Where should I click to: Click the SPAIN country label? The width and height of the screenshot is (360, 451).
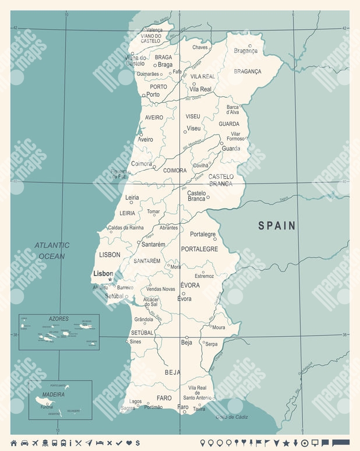click(x=277, y=225)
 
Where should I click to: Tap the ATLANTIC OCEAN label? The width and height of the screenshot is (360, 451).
click(x=51, y=251)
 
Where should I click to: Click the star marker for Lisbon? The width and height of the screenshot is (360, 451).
click(x=110, y=279)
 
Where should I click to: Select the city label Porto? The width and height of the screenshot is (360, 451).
click(x=153, y=94)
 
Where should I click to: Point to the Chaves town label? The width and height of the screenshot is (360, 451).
click(x=200, y=47)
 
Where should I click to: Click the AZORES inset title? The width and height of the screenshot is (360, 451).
click(x=58, y=319)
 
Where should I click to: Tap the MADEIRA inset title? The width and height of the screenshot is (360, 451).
click(x=52, y=394)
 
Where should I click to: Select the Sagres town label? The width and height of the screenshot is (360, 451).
click(x=128, y=408)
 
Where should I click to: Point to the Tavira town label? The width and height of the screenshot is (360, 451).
click(x=199, y=408)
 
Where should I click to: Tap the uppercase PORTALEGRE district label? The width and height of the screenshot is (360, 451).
click(x=199, y=249)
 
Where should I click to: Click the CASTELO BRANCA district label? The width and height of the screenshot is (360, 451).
click(x=221, y=180)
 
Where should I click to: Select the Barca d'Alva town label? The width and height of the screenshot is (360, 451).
click(x=233, y=110)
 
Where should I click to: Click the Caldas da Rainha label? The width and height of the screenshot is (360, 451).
click(x=125, y=227)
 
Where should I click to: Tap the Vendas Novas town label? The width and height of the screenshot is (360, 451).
click(x=160, y=289)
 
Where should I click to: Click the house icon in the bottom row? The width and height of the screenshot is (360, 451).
click(x=13, y=443)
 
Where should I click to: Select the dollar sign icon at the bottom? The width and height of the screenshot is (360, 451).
click(x=137, y=443)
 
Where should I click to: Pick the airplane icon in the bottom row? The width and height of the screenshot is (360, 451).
click(x=35, y=443)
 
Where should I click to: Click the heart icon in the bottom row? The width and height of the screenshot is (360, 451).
click(x=129, y=443)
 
